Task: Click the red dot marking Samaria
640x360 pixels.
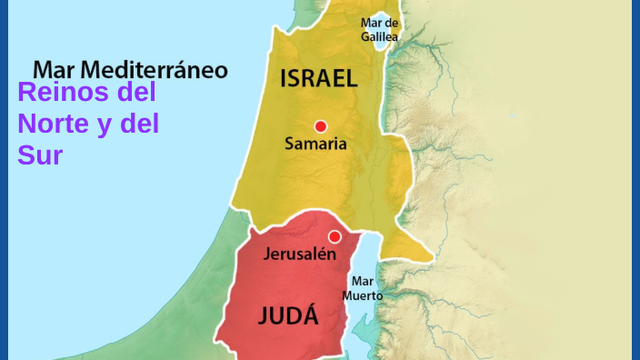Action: coord(320,126)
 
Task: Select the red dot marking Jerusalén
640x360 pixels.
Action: coord(335,236)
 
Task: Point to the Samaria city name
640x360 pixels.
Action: coord(315,144)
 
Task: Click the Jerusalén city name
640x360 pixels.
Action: coord(300,255)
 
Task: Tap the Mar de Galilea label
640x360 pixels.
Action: coord(379,29)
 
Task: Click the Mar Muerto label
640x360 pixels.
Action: coord(363,288)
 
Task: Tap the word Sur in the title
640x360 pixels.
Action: coord(39,155)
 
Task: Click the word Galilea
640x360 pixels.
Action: coord(379,36)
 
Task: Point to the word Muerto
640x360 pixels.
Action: coord(363,295)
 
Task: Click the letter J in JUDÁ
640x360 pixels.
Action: coord(263,316)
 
